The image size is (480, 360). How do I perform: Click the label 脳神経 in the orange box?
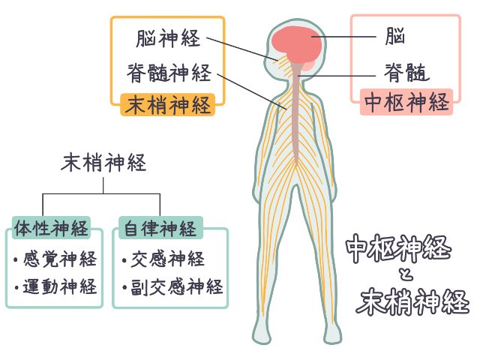(x=168, y=38)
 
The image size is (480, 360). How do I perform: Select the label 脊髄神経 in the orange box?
(x=169, y=73)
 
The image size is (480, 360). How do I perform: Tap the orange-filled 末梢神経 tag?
(x=168, y=105)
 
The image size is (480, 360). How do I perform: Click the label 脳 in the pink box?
(x=395, y=36)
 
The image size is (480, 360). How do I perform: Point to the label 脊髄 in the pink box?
(x=406, y=73)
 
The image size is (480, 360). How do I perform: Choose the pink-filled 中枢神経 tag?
(x=406, y=102)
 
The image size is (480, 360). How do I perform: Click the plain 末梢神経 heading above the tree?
(x=103, y=163)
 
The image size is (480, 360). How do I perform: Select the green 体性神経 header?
(x=51, y=228)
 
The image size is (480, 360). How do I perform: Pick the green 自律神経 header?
(x=160, y=228)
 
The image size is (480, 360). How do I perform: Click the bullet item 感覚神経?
(x=55, y=259)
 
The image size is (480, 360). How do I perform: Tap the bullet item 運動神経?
(x=55, y=286)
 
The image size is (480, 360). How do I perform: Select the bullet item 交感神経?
(x=163, y=259)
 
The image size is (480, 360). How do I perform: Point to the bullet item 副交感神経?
(x=172, y=286)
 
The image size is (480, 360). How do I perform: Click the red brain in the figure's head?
(x=296, y=45)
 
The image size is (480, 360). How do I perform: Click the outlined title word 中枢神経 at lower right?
(x=398, y=248)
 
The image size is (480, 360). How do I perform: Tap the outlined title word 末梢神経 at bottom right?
(x=412, y=301)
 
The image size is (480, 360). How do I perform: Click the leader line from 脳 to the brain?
(x=343, y=37)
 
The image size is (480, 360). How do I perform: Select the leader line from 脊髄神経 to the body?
(x=252, y=91)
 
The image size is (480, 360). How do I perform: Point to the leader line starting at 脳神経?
(x=242, y=49)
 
